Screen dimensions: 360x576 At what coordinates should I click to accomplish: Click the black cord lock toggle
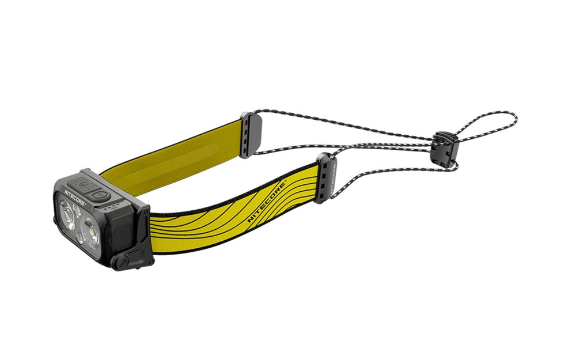pos(446,146)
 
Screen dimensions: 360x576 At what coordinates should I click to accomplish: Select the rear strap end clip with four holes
pos(251,134)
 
